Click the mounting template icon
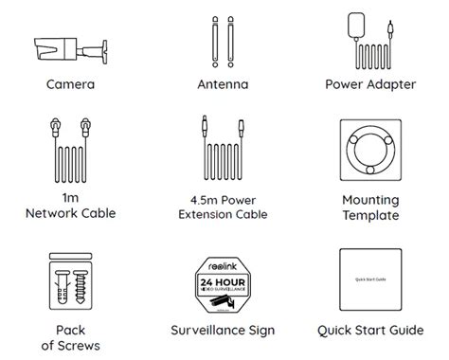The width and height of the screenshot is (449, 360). tap(374, 152)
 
